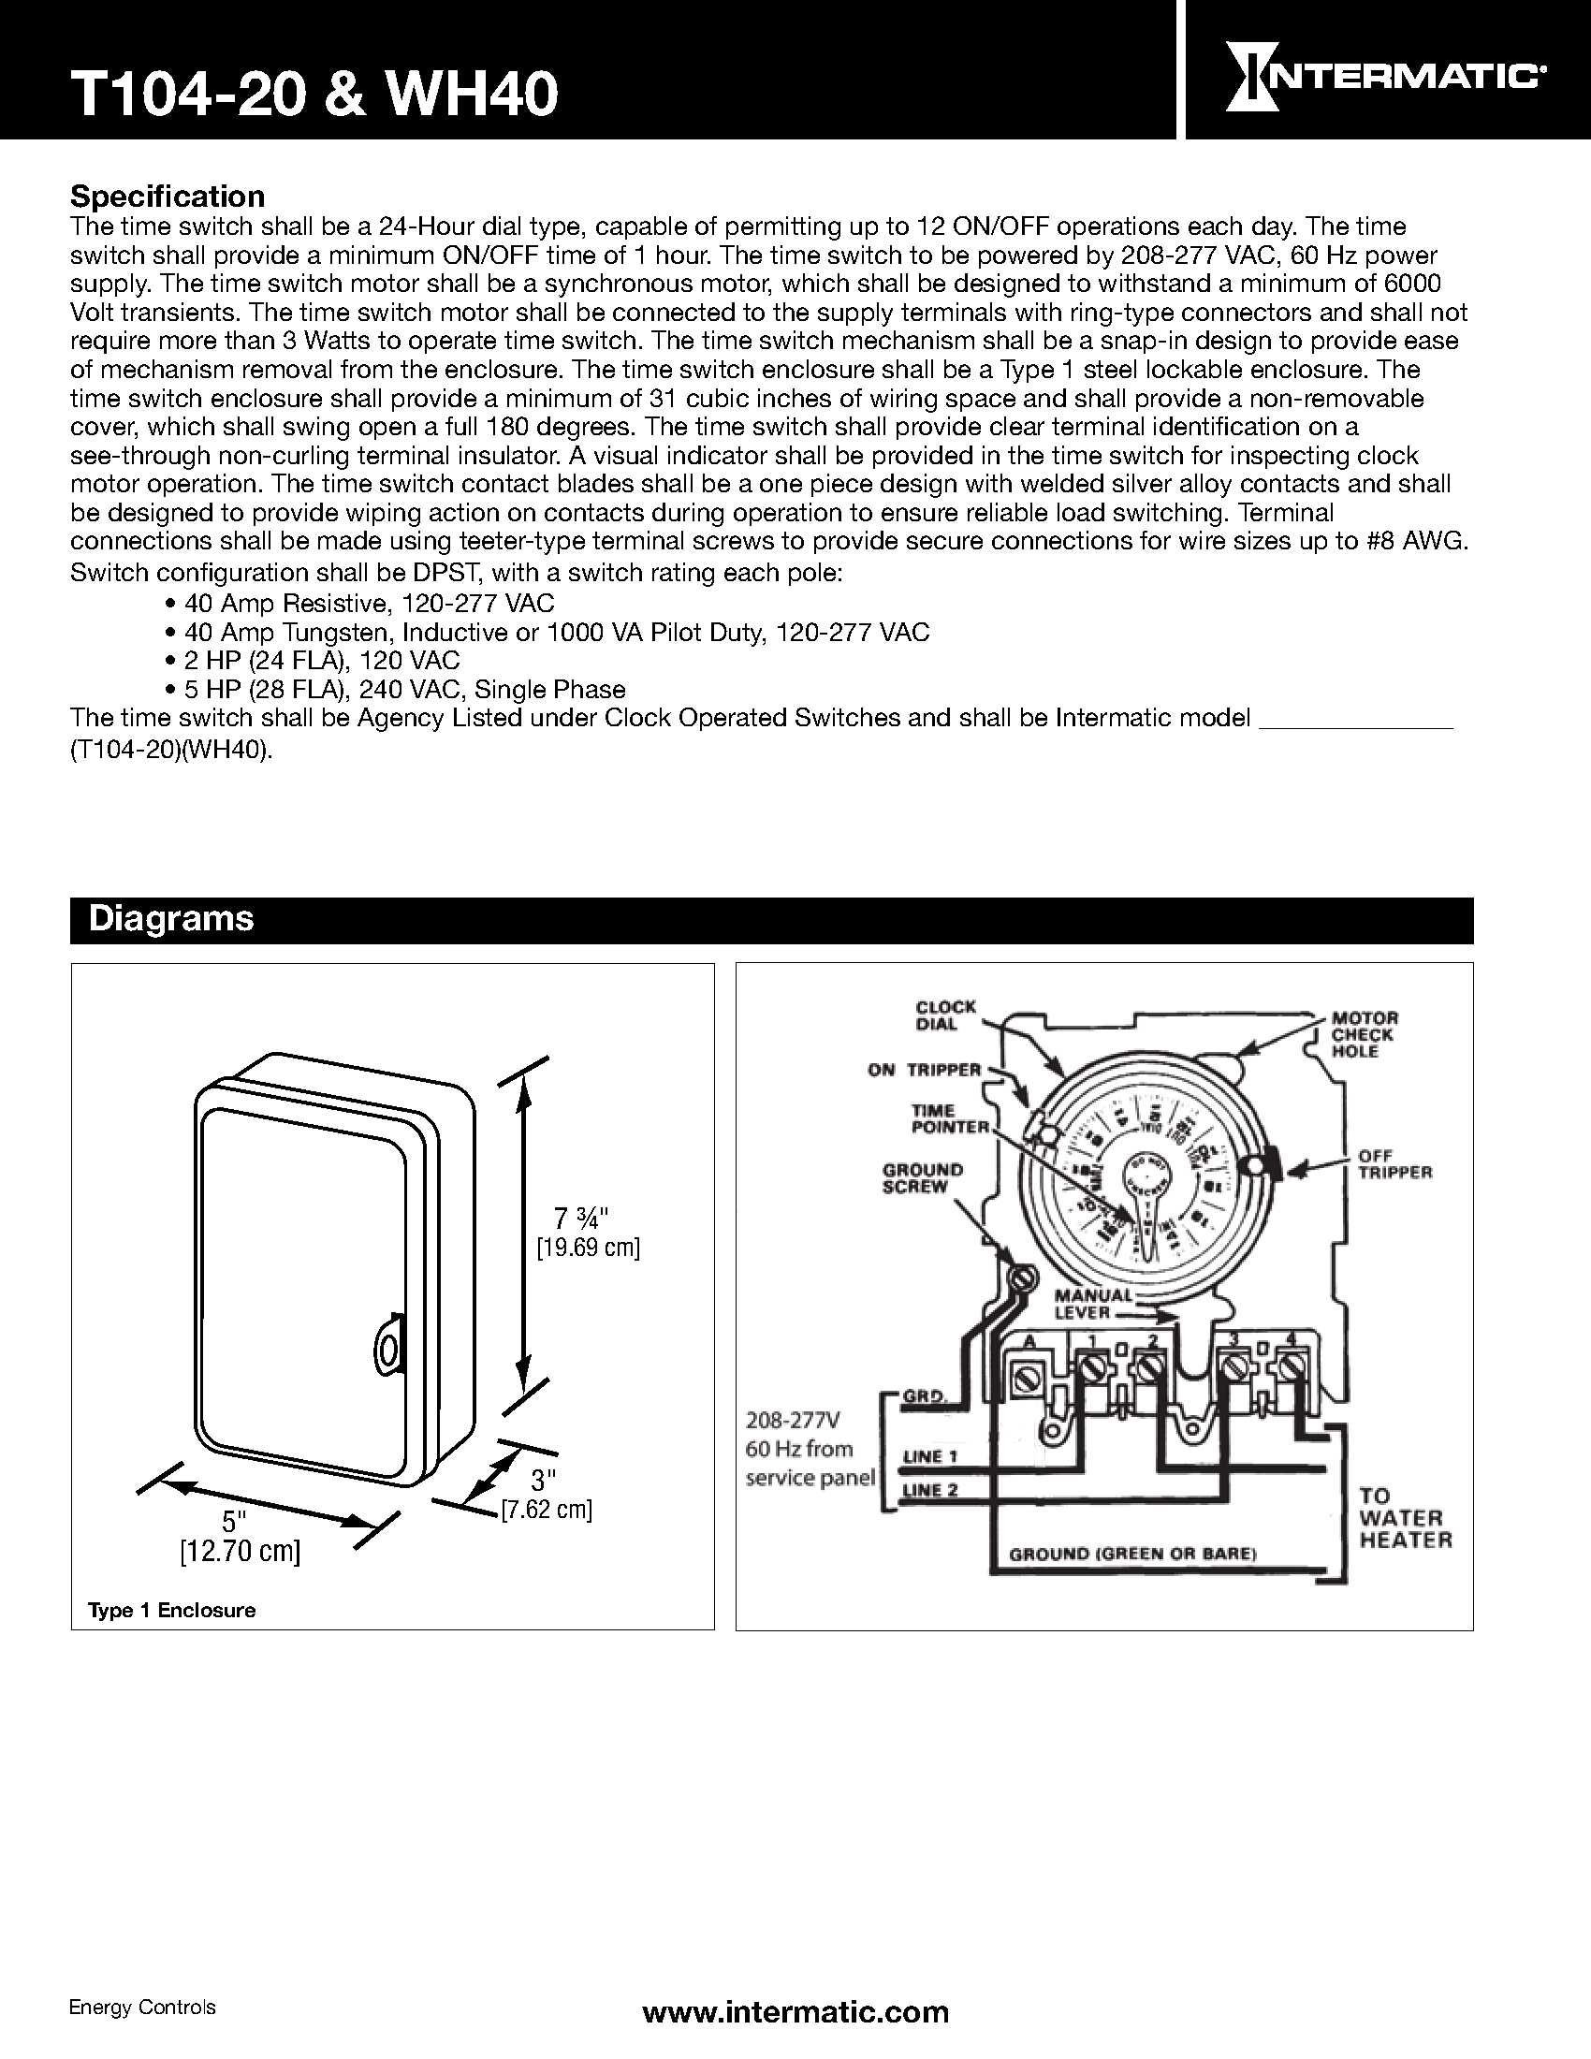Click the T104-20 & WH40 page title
click(x=314, y=95)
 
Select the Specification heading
click(x=168, y=197)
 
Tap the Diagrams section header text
click(x=170, y=919)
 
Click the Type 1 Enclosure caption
click(x=171, y=1611)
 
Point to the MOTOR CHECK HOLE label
click(x=1364, y=1035)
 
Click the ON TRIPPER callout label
click(x=924, y=1070)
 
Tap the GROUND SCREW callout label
click(x=922, y=1177)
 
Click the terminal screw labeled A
click(x=1025, y=1379)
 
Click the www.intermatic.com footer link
click(x=795, y=2012)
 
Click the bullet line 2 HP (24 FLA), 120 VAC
click(x=321, y=660)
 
